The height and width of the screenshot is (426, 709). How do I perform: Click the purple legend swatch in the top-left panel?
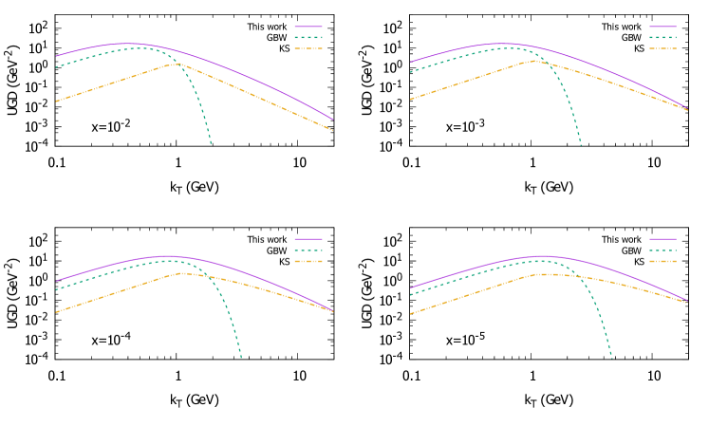[308, 27]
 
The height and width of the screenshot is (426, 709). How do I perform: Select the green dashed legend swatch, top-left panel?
[308, 37]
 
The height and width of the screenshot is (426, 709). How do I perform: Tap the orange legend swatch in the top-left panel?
[308, 48]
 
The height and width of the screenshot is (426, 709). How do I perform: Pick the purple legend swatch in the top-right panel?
[662, 27]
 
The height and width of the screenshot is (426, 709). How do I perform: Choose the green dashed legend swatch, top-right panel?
[662, 37]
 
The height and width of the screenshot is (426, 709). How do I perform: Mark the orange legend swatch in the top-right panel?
[662, 48]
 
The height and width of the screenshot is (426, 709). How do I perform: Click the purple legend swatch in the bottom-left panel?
[308, 239]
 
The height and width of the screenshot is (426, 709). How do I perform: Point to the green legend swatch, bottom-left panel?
[308, 250]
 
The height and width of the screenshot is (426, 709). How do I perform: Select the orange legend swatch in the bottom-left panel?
[308, 261]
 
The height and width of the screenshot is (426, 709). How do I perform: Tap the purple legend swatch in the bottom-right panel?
[662, 239]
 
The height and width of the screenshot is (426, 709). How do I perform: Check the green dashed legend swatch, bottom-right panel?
[662, 250]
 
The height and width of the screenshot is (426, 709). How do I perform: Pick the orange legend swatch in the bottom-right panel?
[662, 261]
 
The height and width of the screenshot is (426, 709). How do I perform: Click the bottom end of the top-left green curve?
[211, 143]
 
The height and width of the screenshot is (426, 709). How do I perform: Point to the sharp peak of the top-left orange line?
[176, 64]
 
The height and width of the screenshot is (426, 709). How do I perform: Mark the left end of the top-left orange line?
[56, 101]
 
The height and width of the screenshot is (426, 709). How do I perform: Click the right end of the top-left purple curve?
[333, 120]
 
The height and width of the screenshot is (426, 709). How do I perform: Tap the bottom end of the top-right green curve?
[580, 145]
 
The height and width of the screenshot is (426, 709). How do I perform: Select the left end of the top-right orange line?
[410, 99]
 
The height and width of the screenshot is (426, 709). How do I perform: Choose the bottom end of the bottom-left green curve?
[241, 358]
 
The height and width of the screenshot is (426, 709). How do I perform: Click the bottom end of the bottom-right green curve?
[611, 359]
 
